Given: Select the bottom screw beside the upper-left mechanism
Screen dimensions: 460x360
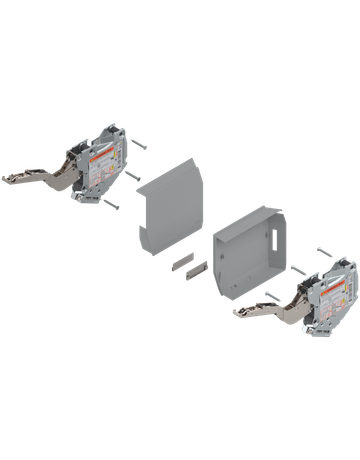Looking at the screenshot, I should pyautogui.click(x=112, y=206).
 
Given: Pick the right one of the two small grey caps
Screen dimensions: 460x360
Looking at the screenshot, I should pyautogui.click(x=197, y=266).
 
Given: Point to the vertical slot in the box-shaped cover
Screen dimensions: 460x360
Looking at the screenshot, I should pyautogui.click(x=273, y=239).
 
